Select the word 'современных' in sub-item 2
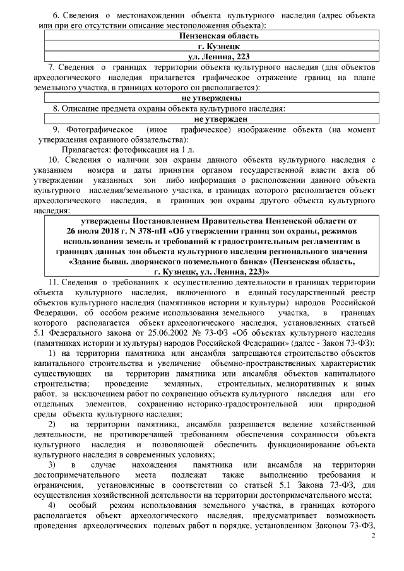coord(170,454)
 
